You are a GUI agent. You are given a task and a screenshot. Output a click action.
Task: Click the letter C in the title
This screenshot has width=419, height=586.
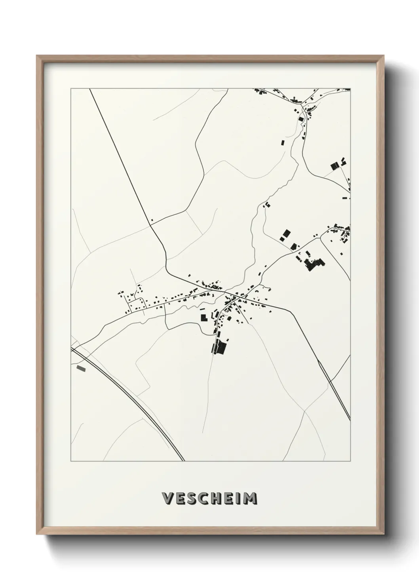(x=203, y=498)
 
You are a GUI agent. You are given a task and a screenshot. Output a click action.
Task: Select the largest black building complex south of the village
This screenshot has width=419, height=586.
(x=219, y=348)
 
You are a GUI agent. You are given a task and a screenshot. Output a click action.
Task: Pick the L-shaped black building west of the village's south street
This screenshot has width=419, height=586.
(x=204, y=317)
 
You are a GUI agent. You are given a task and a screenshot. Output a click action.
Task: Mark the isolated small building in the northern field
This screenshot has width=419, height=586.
(x=283, y=143)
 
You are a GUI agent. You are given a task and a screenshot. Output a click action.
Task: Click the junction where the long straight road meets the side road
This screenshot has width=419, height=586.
(x=150, y=225)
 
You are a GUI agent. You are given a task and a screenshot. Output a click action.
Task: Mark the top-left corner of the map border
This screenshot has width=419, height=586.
(x=71, y=89)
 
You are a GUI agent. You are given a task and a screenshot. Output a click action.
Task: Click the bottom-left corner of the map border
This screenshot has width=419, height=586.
(x=71, y=461)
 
